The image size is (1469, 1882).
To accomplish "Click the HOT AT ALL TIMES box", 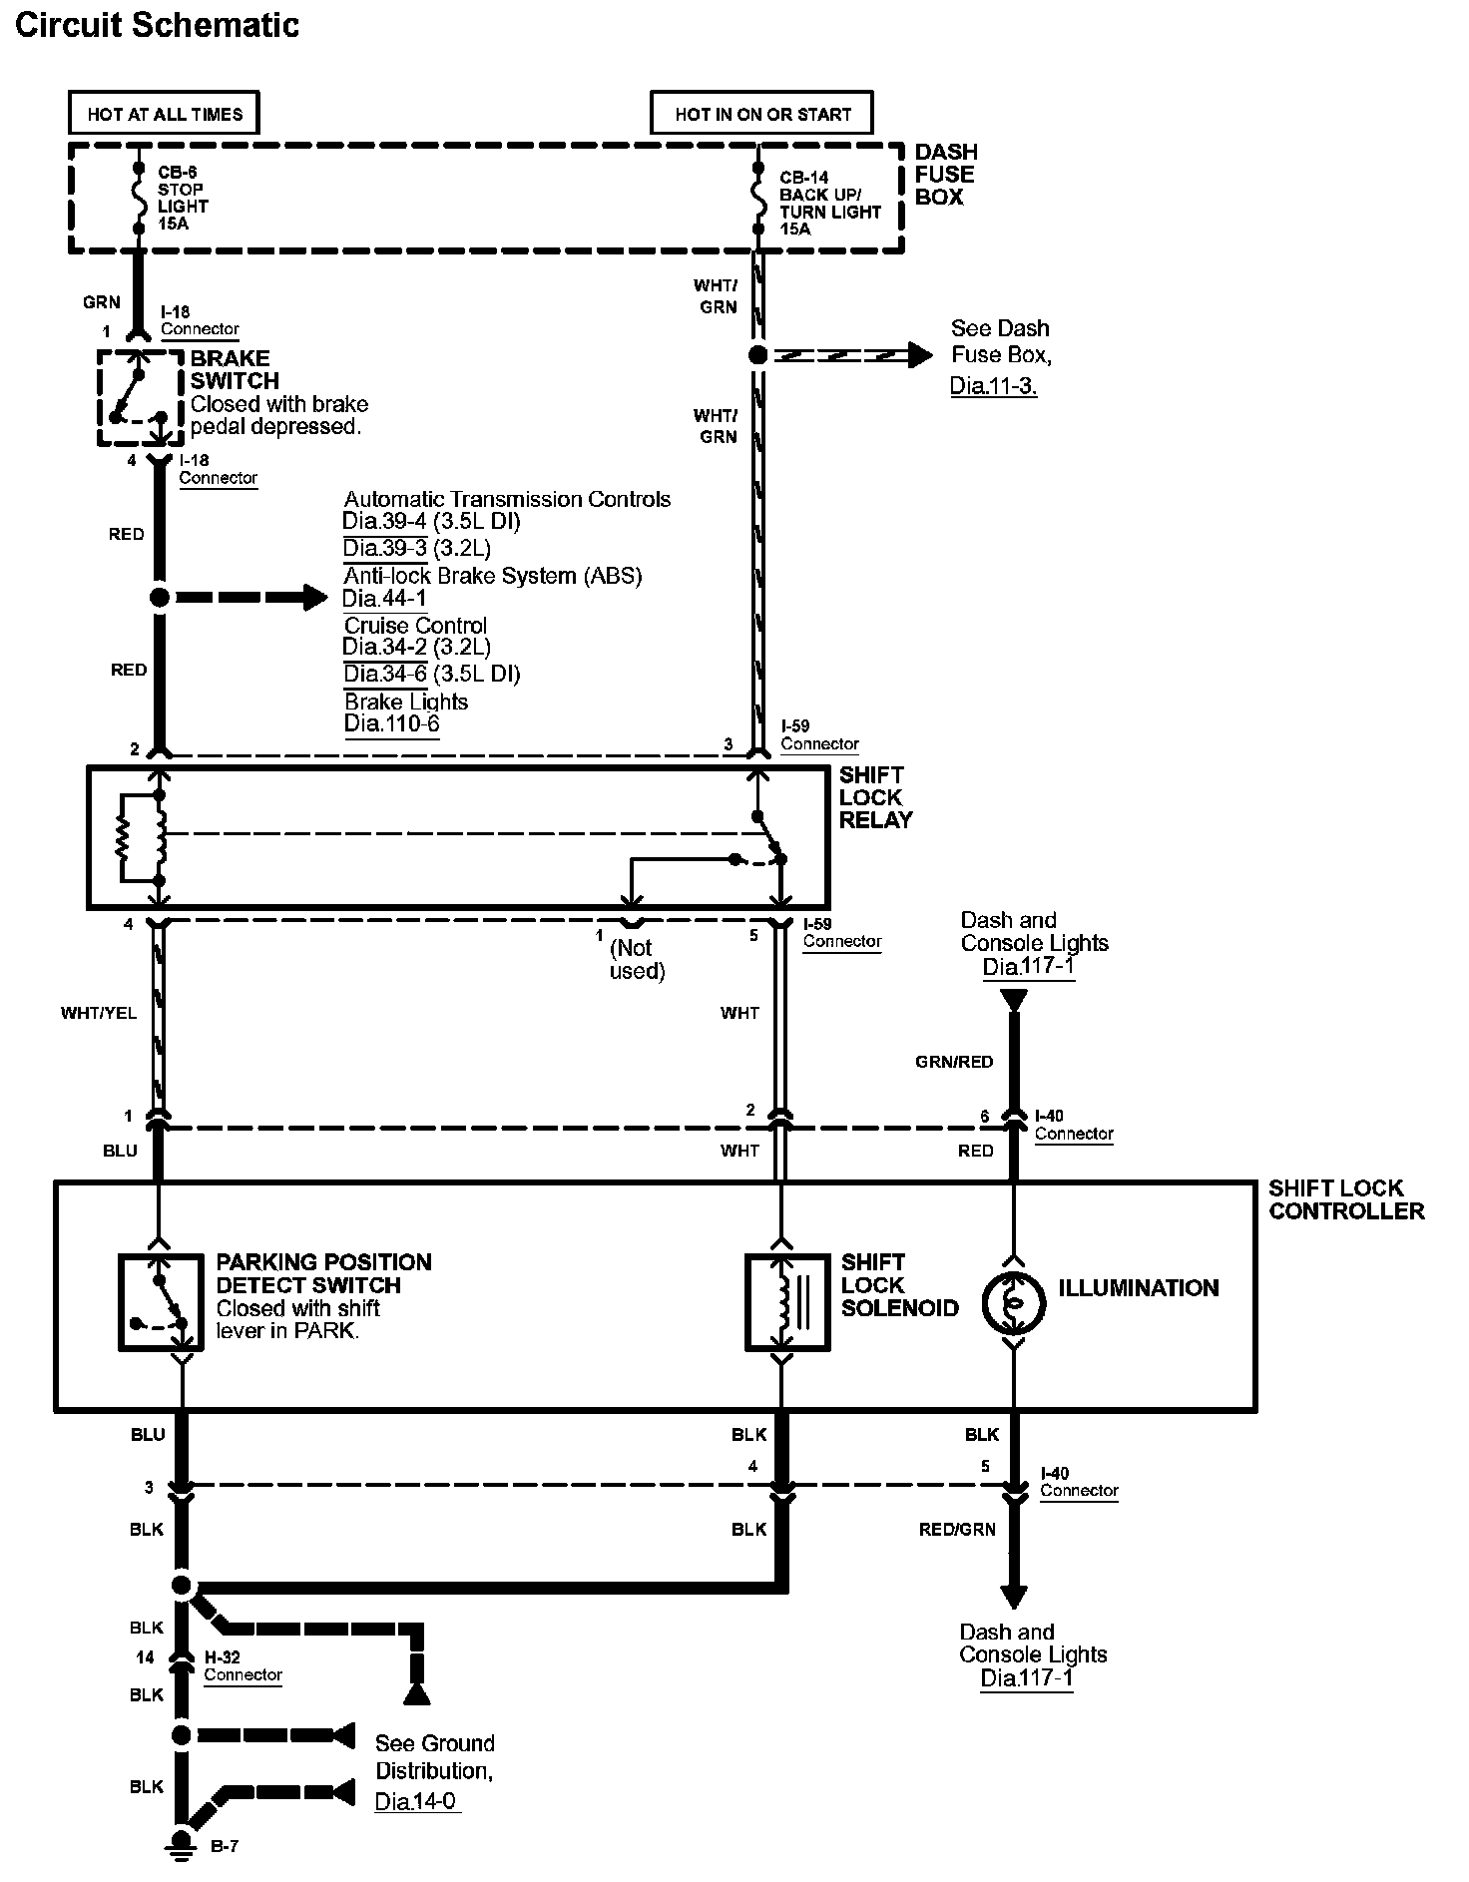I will click(164, 114).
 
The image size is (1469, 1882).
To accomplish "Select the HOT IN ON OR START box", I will click(761, 114).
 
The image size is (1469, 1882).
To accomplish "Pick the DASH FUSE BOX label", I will click(946, 175).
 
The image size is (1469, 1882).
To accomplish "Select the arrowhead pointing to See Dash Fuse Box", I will click(920, 354).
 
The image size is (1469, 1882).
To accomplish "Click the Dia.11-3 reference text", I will click(993, 385).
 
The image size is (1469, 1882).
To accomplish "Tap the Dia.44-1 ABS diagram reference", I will click(384, 599).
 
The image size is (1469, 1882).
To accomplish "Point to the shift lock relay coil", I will click(157, 838).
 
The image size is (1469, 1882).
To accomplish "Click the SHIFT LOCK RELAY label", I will click(875, 797).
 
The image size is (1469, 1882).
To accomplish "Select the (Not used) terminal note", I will click(637, 959).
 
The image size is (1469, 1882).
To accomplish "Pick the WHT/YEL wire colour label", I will click(99, 1013).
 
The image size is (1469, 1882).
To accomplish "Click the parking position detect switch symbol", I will click(161, 1303).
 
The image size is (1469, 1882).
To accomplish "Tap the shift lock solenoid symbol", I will click(787, 1302).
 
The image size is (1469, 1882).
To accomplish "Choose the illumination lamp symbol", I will click(1013, 1304).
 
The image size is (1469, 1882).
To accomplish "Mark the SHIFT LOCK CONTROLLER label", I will click(1345, 1199).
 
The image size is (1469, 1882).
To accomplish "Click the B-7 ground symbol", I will click(182, 1839).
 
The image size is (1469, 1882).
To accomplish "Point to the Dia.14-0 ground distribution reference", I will click(416, 1801).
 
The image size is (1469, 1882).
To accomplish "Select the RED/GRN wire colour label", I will click(957, 1529).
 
